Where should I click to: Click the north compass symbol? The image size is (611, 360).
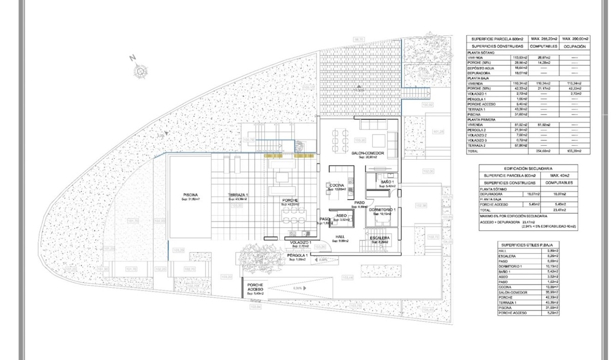click(x=140, y=71)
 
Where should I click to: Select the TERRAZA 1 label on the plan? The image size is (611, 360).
click(x=238, y=196)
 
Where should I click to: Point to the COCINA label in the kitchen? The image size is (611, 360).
click(x=336, y=186)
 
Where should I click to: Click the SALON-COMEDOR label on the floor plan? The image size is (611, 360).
click(x=368, y=153)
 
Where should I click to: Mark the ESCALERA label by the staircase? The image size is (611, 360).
click(x=380, y=238)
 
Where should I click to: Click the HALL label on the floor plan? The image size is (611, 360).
click(x=341, y=236)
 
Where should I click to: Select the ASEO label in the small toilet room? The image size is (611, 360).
click(x=341, y=216)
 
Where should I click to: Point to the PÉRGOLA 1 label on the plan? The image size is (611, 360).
click(x=297, y=255)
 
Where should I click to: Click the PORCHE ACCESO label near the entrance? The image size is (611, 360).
click(x=255, y=288)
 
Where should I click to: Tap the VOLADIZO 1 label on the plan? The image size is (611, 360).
click(x=301, y=243)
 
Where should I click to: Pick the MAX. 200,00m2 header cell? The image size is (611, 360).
click(x=575, y=40)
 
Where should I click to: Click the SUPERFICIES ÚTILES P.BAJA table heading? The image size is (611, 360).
click(x=528, y=245)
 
